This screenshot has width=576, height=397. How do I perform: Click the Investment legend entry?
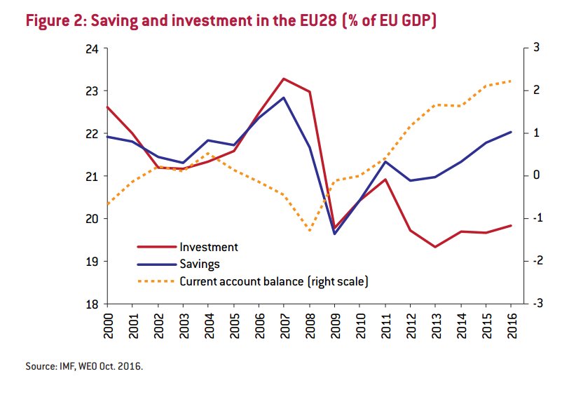pos(209,247)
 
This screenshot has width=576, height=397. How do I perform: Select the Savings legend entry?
pos(200,264)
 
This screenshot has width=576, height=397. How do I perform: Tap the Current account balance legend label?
pos(274,281)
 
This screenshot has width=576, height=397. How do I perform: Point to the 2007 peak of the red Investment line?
pos(283,79)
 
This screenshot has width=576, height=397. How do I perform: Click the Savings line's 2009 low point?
pos(334,234)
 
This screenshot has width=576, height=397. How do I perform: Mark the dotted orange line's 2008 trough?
pos(309,230)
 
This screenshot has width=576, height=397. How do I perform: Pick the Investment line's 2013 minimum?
pos(435,247)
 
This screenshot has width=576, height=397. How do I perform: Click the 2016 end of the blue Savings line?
pos(511,132)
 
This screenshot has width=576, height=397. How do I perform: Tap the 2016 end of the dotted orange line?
pos(511,81)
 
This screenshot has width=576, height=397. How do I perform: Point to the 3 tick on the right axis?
pos(536,48)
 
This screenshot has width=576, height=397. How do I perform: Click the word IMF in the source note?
pos(62,366)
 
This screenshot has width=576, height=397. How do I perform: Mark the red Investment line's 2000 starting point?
pos(107,107)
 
